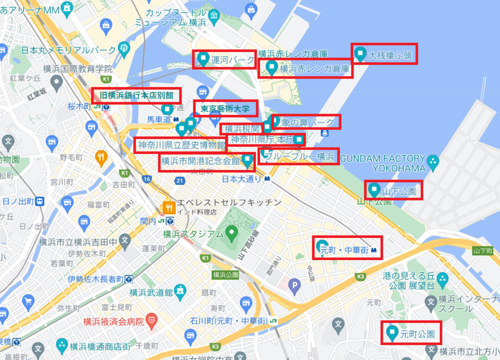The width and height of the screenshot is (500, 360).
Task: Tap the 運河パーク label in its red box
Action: tap(233, 60)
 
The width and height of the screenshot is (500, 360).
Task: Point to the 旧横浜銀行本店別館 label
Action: tap(136, 95)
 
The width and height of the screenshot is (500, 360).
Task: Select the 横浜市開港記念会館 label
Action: tap(199, 161)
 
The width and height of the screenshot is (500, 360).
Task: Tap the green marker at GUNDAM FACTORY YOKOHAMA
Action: tap(433, 160)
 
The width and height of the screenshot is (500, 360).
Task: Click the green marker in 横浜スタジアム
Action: tap(233, 231)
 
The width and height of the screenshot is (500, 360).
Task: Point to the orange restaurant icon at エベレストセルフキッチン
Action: tap(169, 208)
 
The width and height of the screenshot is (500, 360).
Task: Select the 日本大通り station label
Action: tap(242, 179)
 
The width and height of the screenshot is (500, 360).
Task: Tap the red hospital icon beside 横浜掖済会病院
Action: tap(153, 321)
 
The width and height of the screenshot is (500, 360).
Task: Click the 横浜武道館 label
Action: tap(151, 292)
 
